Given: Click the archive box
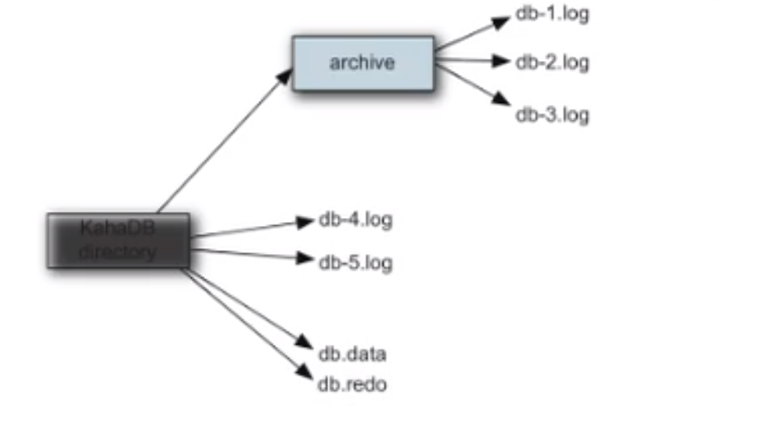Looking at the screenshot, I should tap(362, 63).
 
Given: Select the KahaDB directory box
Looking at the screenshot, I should tap(117, 240).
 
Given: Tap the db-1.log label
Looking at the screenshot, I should tap(552, 14).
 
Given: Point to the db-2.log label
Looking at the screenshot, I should tap(552, 62).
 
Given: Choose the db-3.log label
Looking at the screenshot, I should tap(552, 115).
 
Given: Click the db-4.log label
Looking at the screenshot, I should tap(355, 220).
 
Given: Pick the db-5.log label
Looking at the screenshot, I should tap(355, 263).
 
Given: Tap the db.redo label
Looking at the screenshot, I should tap(352, 385).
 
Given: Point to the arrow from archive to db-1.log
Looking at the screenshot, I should tap(470, 36).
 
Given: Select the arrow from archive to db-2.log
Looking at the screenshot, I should tap(470, 59).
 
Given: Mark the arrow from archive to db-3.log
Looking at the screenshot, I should tap(470, 82).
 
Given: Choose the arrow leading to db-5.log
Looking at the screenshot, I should tap(251, 254).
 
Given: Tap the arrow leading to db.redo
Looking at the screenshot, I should tap(235, 320).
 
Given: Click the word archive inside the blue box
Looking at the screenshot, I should tap(362, 63).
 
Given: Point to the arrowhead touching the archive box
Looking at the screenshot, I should tap(287, 74).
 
